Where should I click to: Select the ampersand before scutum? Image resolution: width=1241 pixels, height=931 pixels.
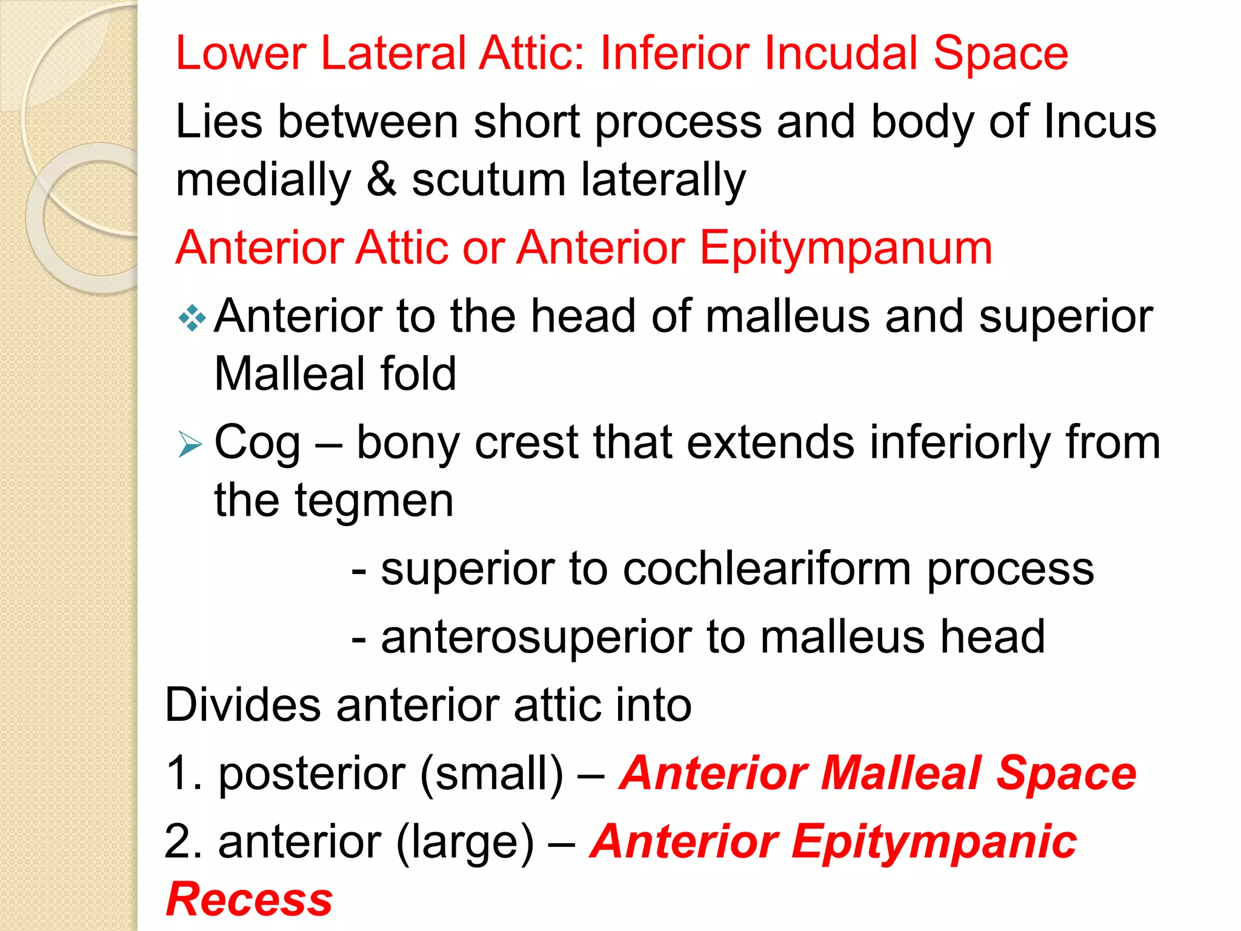(x=382, y=179)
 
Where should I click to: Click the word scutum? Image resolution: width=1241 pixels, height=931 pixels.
(x=488, y=181)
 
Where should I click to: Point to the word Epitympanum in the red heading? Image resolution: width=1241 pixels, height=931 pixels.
(x=846, y=249)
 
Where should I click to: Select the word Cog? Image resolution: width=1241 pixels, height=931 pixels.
(x=257, y=443)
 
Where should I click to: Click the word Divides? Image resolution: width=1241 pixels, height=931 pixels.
(x=242, y=705)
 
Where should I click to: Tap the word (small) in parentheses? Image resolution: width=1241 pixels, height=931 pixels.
(x=491, y=774)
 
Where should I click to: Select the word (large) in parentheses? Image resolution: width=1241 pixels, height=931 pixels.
(x=465, y=843)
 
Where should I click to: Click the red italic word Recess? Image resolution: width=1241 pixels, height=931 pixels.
(x=249, y=899)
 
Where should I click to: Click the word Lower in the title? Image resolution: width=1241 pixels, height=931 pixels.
(x=241, y=53)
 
